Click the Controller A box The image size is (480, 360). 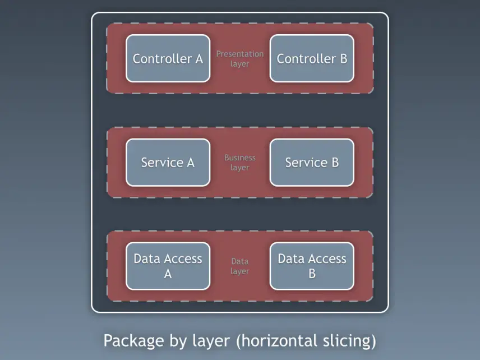(x=168, y=58)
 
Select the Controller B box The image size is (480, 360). (x=312, y=58)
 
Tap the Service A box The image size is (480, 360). (x=168, y=163)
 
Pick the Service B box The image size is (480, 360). (x=312, y=163)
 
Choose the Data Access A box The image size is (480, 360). (x=168, y=266)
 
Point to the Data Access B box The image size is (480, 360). (x=312, y=266)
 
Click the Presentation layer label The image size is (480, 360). (x=239, y=59)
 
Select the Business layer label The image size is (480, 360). (x=239, y=162)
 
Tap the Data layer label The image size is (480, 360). (x=239, y=266)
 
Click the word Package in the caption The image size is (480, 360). (x=134, y=341)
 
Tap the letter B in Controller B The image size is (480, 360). (x=344, y=59)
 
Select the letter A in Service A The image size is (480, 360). (x=191, y=163)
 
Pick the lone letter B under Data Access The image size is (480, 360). (x=312, y=274)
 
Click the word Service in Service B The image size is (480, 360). (x=306, y=163)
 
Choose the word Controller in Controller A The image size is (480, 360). (x=162, y=59)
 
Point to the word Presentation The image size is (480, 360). (x=239, y=54)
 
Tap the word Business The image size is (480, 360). (x=239, y=158)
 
